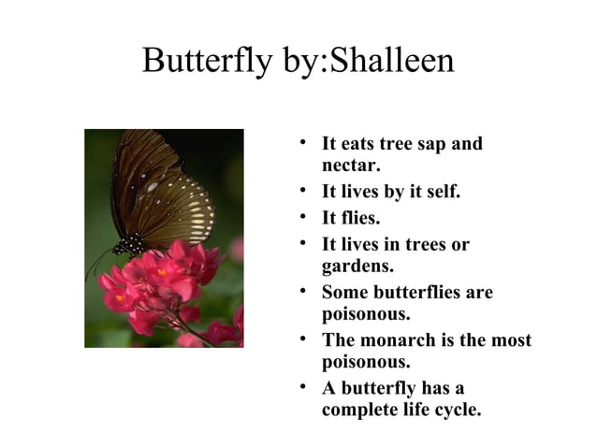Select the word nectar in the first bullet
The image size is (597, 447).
click(351, 166)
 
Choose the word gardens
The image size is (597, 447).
click(356, 267)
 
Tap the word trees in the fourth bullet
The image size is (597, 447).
click(421, 245)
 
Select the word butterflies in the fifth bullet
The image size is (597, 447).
click(417, 293)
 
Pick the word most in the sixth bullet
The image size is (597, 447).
click(511, 340)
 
